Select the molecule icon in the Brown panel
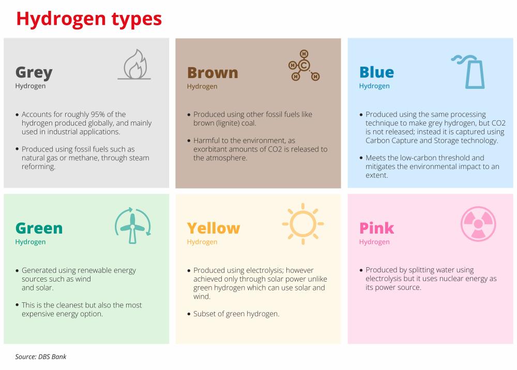point(303,65)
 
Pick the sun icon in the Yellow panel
point(302,224)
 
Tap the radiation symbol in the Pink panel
point(478,224)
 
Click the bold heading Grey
point(34,73)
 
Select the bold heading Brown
point(212,73)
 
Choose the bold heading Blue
point(376,72)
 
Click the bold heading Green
point(39,228)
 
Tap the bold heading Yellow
point(214,228)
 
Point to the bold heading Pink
point(376,228)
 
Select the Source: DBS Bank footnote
point(40,357)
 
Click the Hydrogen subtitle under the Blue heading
point(374,86)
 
